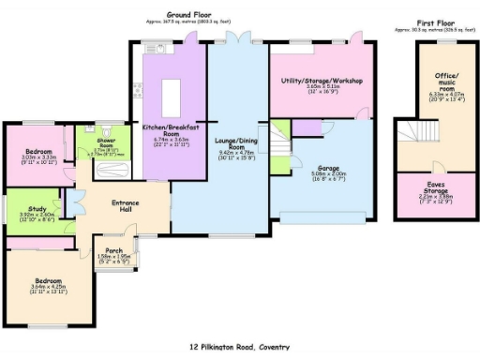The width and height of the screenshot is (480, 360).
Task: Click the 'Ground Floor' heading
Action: coord(187,16)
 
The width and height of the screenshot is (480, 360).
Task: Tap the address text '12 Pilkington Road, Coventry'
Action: coord(239,346)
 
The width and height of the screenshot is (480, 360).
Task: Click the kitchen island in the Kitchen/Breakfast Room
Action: coord(172,95)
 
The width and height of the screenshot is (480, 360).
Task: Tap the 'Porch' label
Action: coord(114,249)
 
